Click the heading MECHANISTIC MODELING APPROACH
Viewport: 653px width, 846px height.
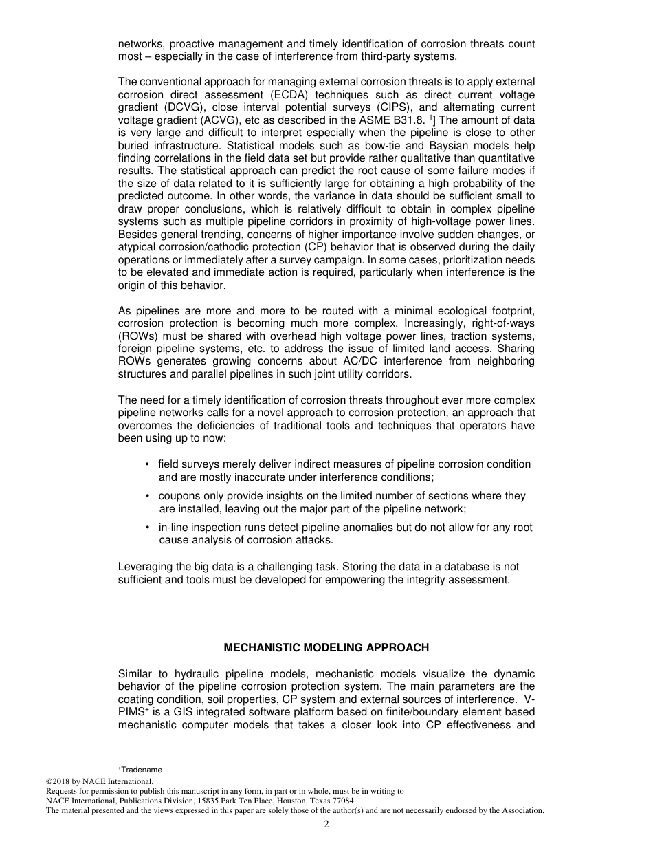click(326, 648)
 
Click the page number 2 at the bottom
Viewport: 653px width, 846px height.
click(326, 825)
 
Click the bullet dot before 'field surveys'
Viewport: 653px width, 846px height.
click(148, 464)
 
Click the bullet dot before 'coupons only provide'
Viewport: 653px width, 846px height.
click(148, 496)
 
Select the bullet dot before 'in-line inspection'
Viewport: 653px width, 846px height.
click(148, 528)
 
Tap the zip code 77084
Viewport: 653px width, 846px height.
click(343, 801)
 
